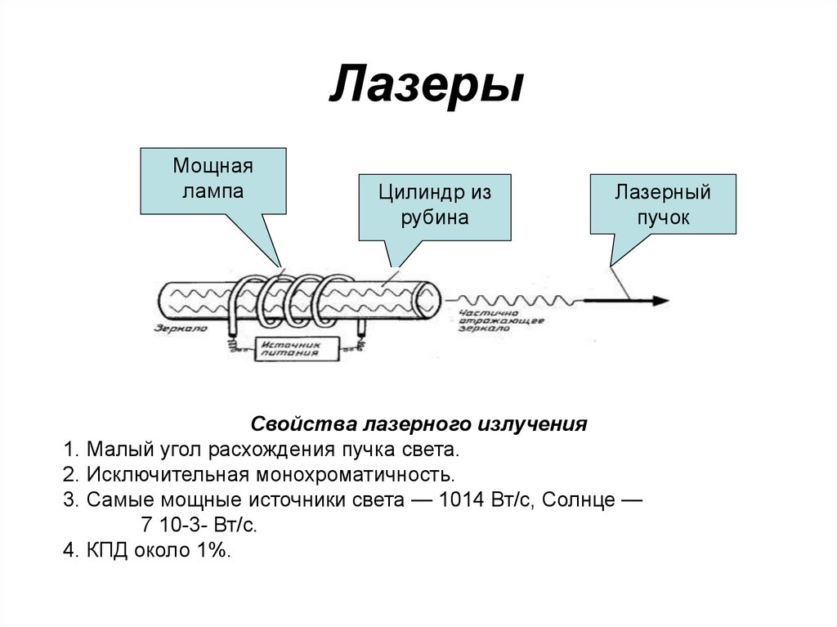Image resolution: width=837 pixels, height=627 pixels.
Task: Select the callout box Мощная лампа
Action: pyautogui.click(x=213, y=181)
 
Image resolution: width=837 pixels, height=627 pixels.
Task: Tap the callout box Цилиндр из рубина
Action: pyautogui.click(x=434, y=206)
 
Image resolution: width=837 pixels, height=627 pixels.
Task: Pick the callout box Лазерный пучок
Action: pyautogui.click(x=662, y=205)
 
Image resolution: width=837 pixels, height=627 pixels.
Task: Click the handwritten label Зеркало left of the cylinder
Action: pyautogui.click(x=181, y=328)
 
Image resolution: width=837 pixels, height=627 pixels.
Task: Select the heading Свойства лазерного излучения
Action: pyautogui.click(x=418, y=425)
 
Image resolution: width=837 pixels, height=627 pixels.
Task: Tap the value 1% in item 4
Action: pyautogui.click(x=211, y=550)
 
